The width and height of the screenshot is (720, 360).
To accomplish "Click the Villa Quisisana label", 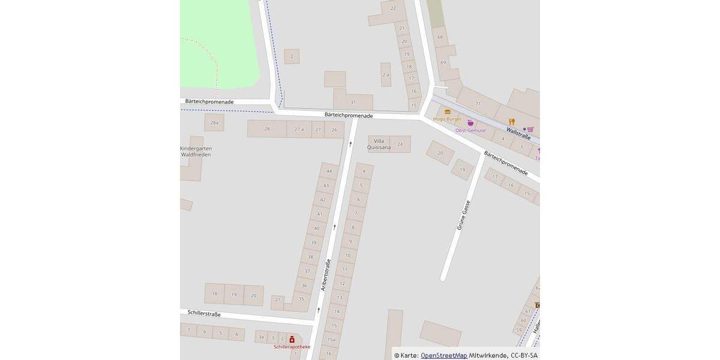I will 379,144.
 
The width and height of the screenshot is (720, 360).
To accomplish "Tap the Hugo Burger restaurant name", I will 447,119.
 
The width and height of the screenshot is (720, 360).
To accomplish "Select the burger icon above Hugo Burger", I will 448,112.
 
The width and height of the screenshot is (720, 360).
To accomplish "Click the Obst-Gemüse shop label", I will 470,130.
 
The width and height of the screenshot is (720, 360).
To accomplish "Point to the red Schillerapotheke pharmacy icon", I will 292,339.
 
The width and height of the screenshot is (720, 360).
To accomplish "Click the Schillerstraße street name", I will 204,314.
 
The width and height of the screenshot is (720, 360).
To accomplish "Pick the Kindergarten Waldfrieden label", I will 196,151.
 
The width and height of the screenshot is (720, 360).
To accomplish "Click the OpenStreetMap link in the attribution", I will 443,355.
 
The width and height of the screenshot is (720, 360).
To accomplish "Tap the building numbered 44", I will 328,171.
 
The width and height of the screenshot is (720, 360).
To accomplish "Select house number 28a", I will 214,123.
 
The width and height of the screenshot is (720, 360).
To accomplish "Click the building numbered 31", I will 353,102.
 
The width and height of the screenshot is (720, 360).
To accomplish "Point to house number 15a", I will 331,340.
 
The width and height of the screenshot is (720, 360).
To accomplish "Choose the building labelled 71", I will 478,104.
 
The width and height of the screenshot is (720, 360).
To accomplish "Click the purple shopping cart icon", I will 530,129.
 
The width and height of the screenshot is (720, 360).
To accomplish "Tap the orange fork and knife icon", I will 512,122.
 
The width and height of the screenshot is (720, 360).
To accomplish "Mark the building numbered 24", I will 400,144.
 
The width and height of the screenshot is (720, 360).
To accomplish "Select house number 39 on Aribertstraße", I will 313,242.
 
